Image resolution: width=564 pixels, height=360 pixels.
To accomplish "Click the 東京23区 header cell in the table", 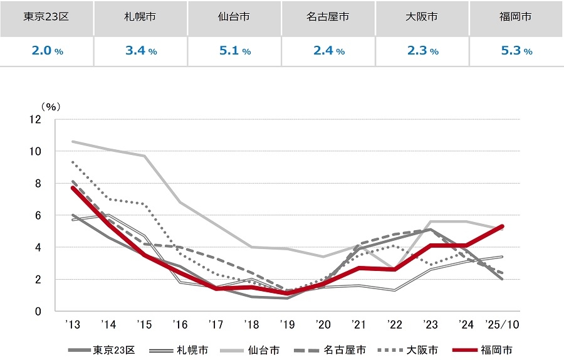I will [47, 18].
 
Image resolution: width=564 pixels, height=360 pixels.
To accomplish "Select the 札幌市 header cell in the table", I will [140, 18].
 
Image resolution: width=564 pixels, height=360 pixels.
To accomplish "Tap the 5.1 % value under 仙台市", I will [235, 51].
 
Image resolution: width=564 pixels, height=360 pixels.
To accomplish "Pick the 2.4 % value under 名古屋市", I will [329, 51].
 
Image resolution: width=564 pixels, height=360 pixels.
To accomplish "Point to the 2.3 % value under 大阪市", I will [423, 51].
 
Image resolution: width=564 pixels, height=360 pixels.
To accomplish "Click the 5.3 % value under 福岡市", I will [517, 51].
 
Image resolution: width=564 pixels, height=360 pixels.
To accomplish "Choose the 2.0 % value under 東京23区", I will [47, 51].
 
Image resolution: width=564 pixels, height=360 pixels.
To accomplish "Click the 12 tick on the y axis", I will [34, 119].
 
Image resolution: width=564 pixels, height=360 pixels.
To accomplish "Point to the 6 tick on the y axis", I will [38, 215].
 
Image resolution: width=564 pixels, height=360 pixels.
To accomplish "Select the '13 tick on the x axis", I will [73, 325].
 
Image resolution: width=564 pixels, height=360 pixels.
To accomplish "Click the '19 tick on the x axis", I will [288, 325].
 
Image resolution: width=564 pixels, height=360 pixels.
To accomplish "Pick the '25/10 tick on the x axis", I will [503, 325].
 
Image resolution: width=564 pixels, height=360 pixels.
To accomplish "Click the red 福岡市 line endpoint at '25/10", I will [503, 226].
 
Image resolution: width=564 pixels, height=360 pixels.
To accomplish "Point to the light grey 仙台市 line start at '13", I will [73, 142].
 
